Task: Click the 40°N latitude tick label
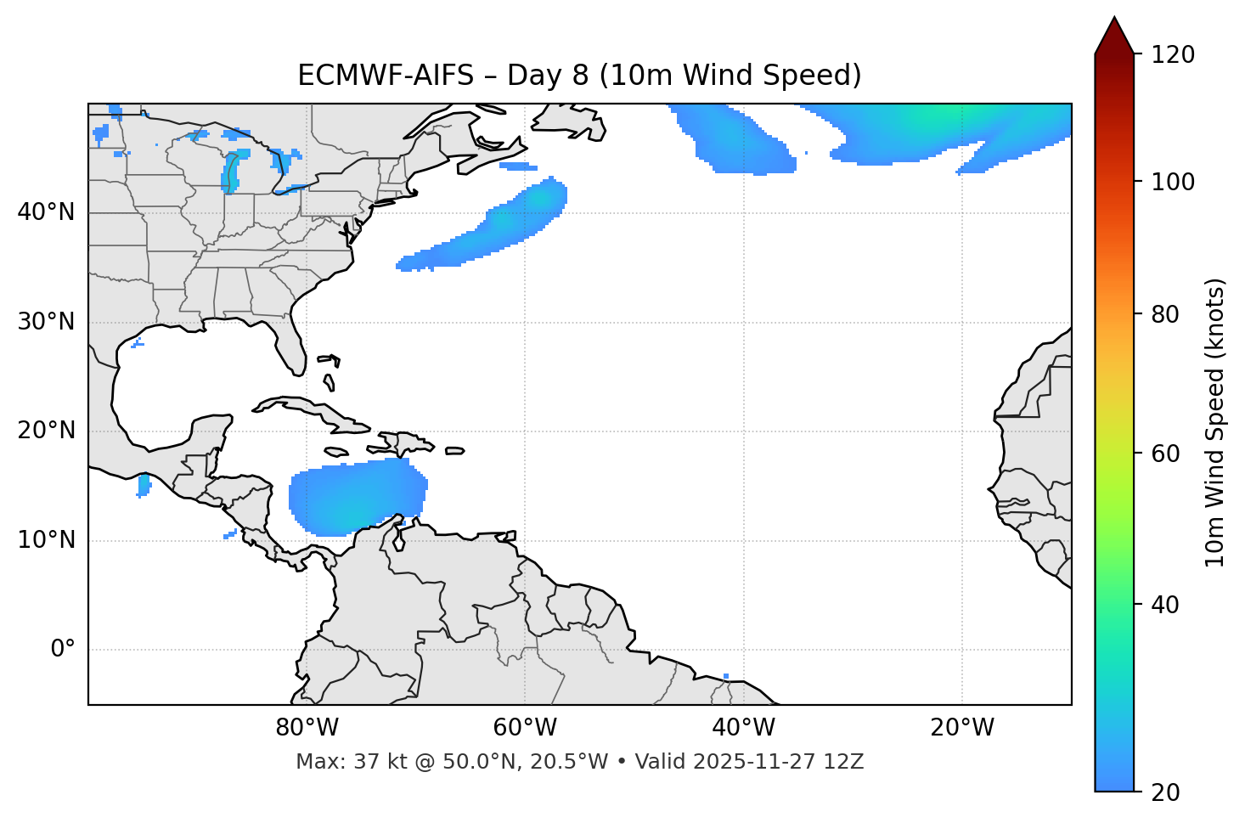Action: [46, 212]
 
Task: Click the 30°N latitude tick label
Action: [46, 322]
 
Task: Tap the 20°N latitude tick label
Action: [46, 431]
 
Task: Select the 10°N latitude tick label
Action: [46, 540]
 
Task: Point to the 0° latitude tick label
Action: [63, 650]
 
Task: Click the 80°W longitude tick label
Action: [307, 728]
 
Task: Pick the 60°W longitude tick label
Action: [525, 728]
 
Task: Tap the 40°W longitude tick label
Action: [743, 728]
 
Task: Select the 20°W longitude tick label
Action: [961, 728]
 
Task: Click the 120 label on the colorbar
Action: [1172, 54]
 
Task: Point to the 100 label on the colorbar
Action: [1172, 182]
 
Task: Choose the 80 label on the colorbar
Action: [1166, 314]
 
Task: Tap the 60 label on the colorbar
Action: [1166, 454]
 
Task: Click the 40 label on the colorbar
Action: [1166, 605]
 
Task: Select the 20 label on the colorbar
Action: [1166, 792]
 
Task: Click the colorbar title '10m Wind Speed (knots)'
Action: [1215, 422]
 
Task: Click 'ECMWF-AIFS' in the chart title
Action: [386, 76]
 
